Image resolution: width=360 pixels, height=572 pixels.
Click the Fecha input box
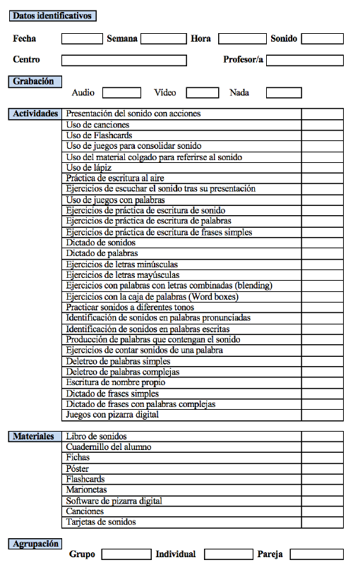82,39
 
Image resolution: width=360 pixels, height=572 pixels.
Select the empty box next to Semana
163,39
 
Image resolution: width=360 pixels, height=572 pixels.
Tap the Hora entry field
241,39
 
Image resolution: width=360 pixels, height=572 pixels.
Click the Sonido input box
322,39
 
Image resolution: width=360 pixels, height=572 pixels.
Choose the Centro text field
124,60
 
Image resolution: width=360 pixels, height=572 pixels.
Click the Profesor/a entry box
304,60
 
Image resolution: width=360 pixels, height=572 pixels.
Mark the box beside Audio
121,92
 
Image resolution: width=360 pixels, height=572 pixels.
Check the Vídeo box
203,92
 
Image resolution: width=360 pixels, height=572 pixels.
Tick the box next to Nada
284,92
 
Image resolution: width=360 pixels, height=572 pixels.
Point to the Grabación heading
33,82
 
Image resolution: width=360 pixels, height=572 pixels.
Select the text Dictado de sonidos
100,243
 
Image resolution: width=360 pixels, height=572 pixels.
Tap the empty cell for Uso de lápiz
322,168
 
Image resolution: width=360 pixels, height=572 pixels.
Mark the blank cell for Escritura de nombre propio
322,382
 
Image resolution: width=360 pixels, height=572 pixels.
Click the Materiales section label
33,437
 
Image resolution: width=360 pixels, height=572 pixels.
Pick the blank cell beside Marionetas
322,489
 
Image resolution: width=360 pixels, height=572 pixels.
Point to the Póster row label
78,468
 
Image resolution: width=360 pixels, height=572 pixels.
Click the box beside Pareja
316,554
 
